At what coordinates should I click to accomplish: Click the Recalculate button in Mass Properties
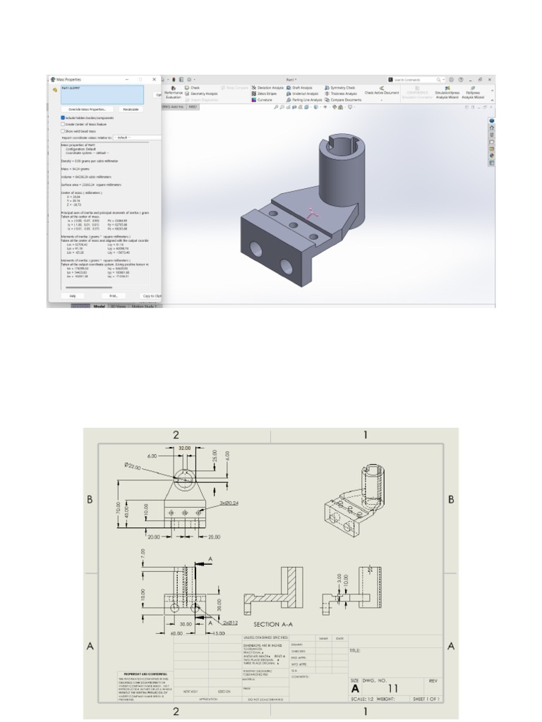click(x=131, y=109)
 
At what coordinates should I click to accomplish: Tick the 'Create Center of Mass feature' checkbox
click(x=63, y=124)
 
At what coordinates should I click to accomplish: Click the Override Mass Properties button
click(x=87, y=109)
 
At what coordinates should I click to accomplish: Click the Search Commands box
click(x=416, y=80)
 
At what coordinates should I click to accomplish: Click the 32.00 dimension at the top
click(x=185, y=448)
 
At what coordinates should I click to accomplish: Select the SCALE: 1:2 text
click(x=367, y=699)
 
